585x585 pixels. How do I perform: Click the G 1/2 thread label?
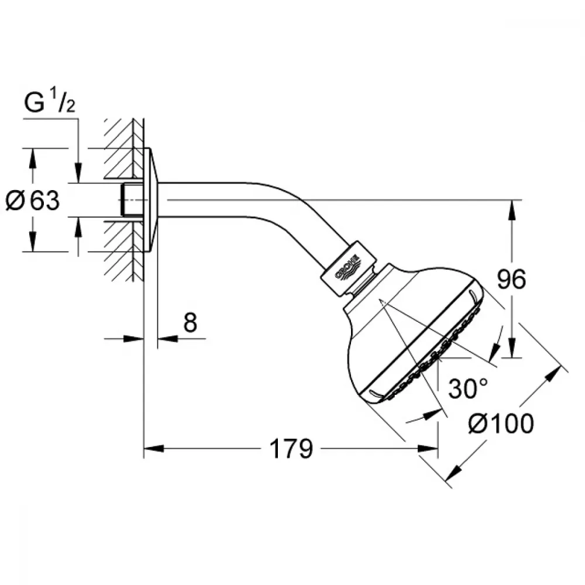click(x=50, y=102)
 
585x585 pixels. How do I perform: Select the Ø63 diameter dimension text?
click(x=33, y=200)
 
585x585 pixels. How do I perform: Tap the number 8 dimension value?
click(x=190, y=322)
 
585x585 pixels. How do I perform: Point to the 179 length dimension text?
click(x=291, y=449)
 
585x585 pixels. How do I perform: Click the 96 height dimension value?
click(x=511, y=278)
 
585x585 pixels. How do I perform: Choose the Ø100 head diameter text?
click(x=501, y=424)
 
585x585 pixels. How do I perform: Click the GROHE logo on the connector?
click(x=347, y=267)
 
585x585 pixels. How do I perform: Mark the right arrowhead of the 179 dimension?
click(x=428, y=448)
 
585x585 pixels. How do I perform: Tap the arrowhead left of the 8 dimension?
click(x=133, y=339)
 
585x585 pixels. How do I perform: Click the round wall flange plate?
click(x=151, y=200)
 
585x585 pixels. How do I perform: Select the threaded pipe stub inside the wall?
click(x=132, y=199)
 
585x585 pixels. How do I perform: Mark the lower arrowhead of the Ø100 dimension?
click(x=454, y=472)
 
